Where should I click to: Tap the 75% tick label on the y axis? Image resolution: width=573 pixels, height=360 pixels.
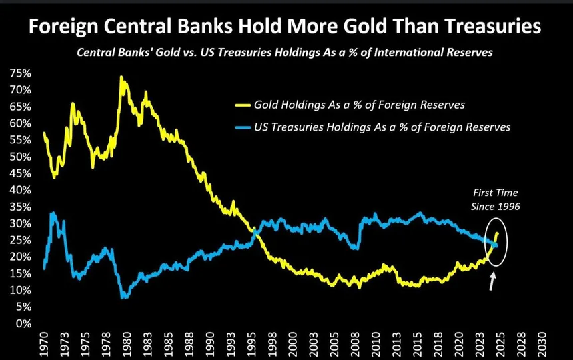18,73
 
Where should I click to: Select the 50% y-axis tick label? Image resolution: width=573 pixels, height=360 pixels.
18,157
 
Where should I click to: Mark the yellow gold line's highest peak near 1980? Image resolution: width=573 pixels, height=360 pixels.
121,77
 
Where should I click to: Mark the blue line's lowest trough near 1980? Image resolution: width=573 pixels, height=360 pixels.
124,297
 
